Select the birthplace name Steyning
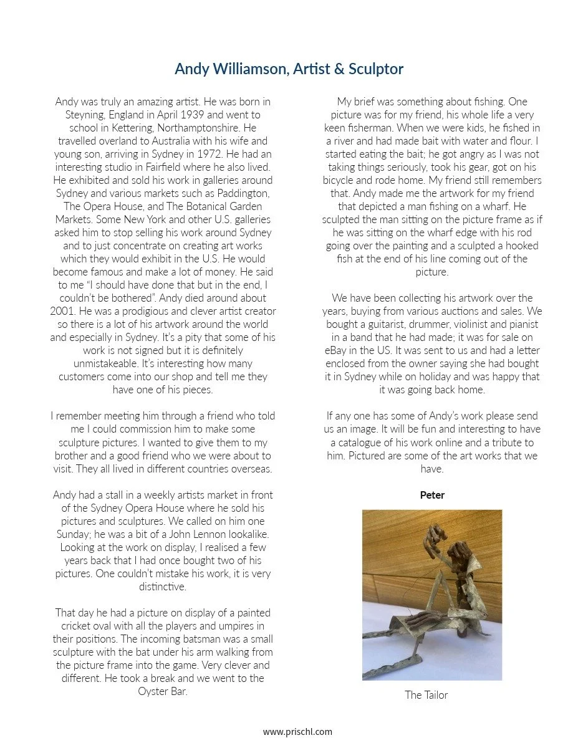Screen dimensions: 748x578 pyautogui.click(x=87, y=115)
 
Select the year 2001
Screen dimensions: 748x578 pyautogui.click(x=64, y=311)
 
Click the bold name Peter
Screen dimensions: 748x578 pyautogui.click(x=432, y=495)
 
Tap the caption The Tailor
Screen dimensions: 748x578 pyautogui.click(x=426, y=695)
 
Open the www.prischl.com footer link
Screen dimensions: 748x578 pyautogui.click(x=297, y=732)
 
